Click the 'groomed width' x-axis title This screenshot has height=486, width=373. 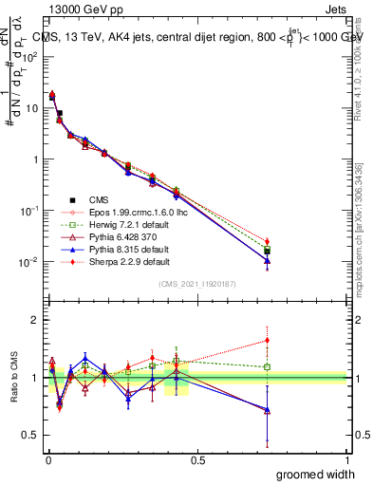click(317, 474)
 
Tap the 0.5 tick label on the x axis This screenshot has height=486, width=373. click(197, 459)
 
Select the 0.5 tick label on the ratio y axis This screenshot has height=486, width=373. click(28, 436)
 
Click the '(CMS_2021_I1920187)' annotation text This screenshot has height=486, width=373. click(196, 284)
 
